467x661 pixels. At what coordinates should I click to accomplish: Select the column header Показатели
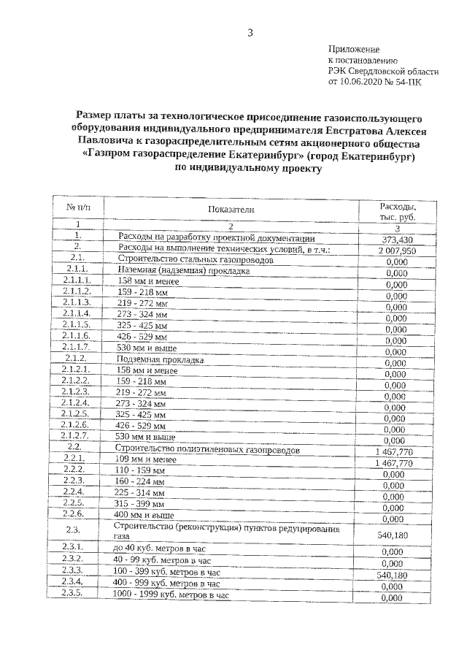231,209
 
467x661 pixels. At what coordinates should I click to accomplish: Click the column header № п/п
77,208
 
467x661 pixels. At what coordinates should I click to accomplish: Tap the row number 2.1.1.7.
77,346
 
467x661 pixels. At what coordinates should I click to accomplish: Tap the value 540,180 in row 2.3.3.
394,576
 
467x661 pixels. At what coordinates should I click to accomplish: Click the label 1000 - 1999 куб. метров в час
171,596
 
